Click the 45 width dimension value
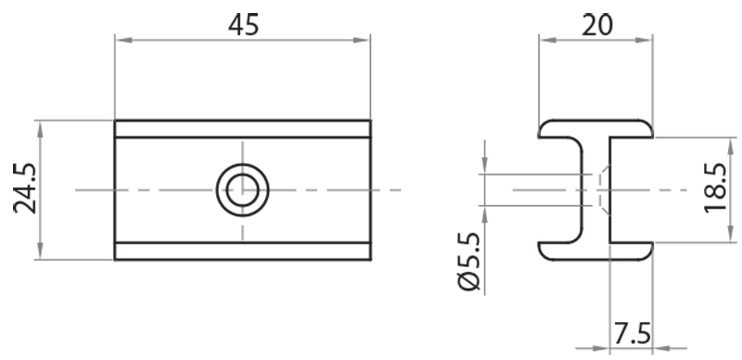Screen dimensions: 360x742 [243, 25]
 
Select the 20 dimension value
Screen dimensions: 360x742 [595, 25]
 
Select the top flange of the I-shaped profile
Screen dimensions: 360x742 [595, 129]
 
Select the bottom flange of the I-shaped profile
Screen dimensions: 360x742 [595, 251]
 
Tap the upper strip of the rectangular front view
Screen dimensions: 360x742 [242, 129]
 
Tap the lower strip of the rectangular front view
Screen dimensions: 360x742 [242, 251]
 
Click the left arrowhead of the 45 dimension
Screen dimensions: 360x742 [122, 39]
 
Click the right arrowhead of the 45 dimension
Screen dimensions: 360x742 [364, 39]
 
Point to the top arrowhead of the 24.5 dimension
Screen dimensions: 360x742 [39, 126]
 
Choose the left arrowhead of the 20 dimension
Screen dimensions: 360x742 [545, 39]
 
